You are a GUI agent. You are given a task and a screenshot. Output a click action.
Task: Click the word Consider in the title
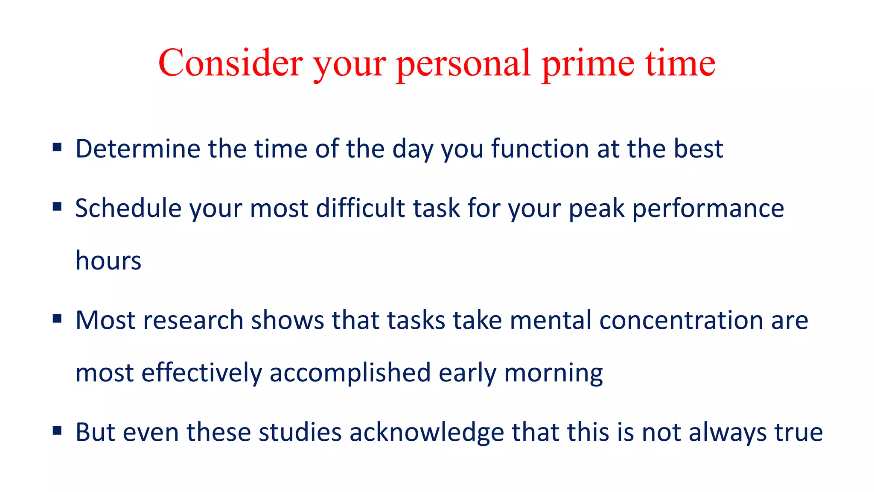pyautogui.click(x=230, y=63)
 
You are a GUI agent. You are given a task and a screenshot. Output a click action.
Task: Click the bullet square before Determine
pyautogui.click(x=57, y=148)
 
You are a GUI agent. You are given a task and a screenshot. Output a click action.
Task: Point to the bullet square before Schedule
pyautogui.click(x=57, y=207)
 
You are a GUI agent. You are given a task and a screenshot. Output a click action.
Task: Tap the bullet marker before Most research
pyautogui.click(x=57, y=319)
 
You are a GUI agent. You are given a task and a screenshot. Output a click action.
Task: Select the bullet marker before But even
pyautogui.click(x=57, y=431)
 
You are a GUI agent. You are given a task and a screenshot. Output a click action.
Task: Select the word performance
pyautogui.click(x=708, y=209)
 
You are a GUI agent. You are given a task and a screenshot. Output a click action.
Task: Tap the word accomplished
pyautogui.click(x=350, y=373)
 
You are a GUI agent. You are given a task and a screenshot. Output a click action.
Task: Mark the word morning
pyautogui.click(x=554, y=373)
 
